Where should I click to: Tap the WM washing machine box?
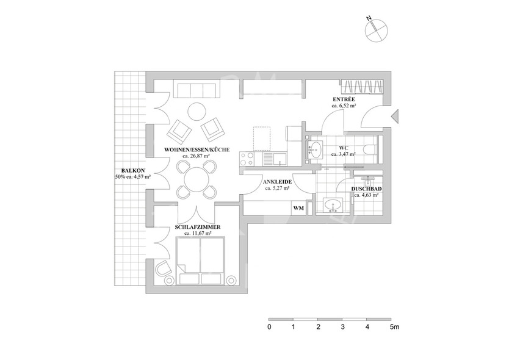(x=298, y=208)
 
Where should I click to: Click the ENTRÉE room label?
(x=344, y=99)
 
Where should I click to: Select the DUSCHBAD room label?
(x=367, y=189)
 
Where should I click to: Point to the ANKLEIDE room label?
(x=276, y=182)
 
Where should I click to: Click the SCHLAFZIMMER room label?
(x=197, y=226)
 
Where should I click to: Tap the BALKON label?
(x=132, y=170)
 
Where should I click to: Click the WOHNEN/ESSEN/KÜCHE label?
(x=197, y=149)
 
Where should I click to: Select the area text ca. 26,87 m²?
(x=197, y=156)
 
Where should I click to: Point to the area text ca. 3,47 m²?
(x=344, y=154)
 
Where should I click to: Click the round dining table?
(x=196, y=179)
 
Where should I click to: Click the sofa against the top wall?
(x=197, y=90)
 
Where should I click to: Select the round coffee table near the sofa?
(x=197, y=112)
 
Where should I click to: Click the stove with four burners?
(x=248, y=159)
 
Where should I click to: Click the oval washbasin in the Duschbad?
(x=333, y=204)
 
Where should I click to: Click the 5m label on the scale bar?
(x=394, y=327)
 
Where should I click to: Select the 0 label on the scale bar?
(x=269, y=327)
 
